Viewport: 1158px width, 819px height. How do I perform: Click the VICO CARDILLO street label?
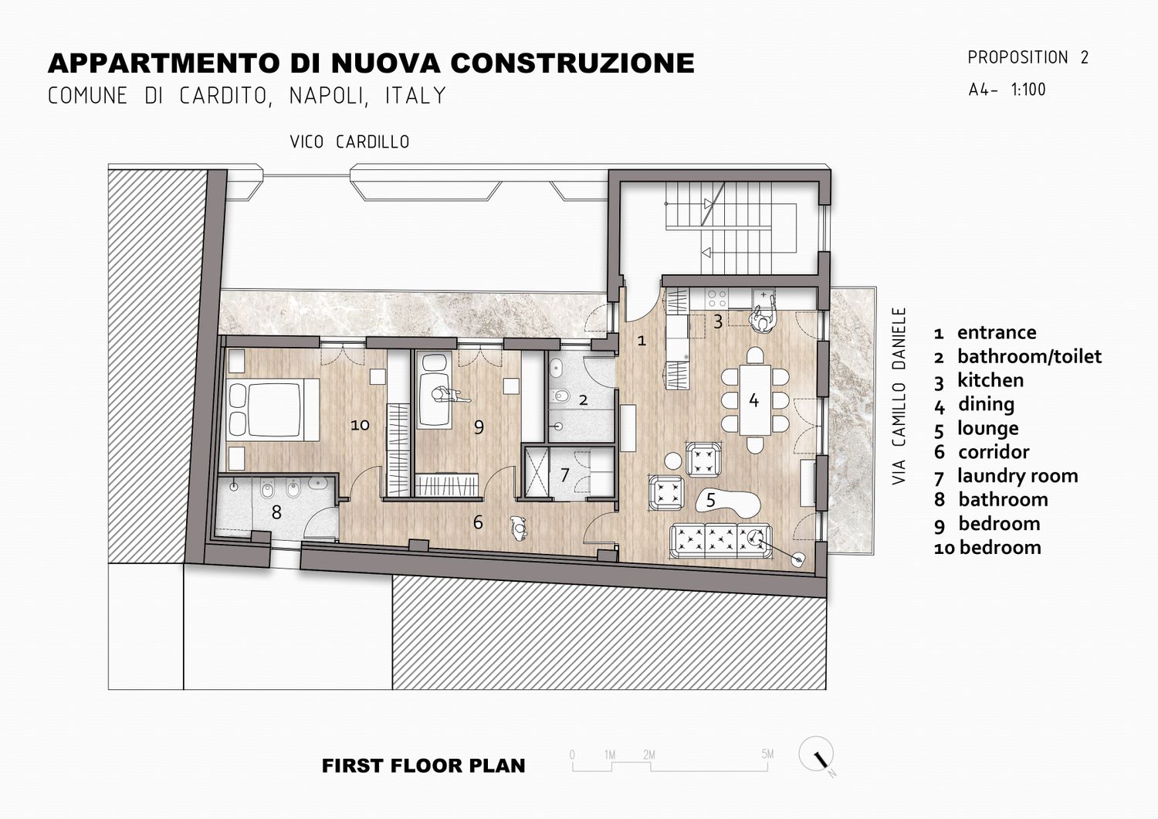point(350,141)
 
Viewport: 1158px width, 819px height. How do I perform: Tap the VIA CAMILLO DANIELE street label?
point(899,396)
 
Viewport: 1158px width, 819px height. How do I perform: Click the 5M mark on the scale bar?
point(767,754)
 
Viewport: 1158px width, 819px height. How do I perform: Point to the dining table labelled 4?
point(755,400)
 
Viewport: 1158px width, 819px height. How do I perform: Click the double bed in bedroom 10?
point(273,409)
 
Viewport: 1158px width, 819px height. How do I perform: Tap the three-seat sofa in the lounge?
point(720,541)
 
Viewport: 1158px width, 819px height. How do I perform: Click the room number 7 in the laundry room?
point(564,474)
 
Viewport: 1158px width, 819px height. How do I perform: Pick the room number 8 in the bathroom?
point(276,512)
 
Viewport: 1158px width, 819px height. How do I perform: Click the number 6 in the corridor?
point(478,522)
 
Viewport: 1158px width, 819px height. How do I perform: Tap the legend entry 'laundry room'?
point(1017,475)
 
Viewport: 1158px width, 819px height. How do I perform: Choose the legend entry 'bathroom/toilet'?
point(1029,356)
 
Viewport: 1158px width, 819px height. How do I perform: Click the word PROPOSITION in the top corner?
point(1018,57)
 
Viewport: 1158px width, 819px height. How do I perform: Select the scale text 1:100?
point(1028,90)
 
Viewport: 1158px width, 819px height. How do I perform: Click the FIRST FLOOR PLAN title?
point(423,766)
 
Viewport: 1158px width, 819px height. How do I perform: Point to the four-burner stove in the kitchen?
point(716,298)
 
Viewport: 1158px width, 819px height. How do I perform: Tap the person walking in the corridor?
point(518,527)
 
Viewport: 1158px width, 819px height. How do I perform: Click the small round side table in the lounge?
point(673,461)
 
